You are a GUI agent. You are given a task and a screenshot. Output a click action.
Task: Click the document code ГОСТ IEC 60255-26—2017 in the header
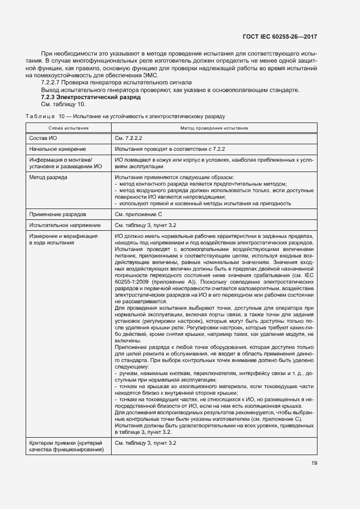(x=280, y=37)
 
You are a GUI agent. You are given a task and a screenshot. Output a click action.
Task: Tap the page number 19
(x=314, y=463)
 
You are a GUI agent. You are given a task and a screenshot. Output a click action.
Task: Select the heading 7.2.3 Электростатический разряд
(x=91, y=97)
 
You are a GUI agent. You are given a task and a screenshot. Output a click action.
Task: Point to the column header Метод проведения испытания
(x=214, y=128)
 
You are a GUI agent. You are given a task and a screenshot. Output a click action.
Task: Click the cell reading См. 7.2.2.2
(x=129, y=138)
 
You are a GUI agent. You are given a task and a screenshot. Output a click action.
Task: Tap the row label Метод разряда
(x=48, y=177)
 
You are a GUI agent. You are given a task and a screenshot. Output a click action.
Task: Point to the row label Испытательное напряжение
(x=65, y=225)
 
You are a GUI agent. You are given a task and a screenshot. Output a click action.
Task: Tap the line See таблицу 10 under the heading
(x=64, y=104)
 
